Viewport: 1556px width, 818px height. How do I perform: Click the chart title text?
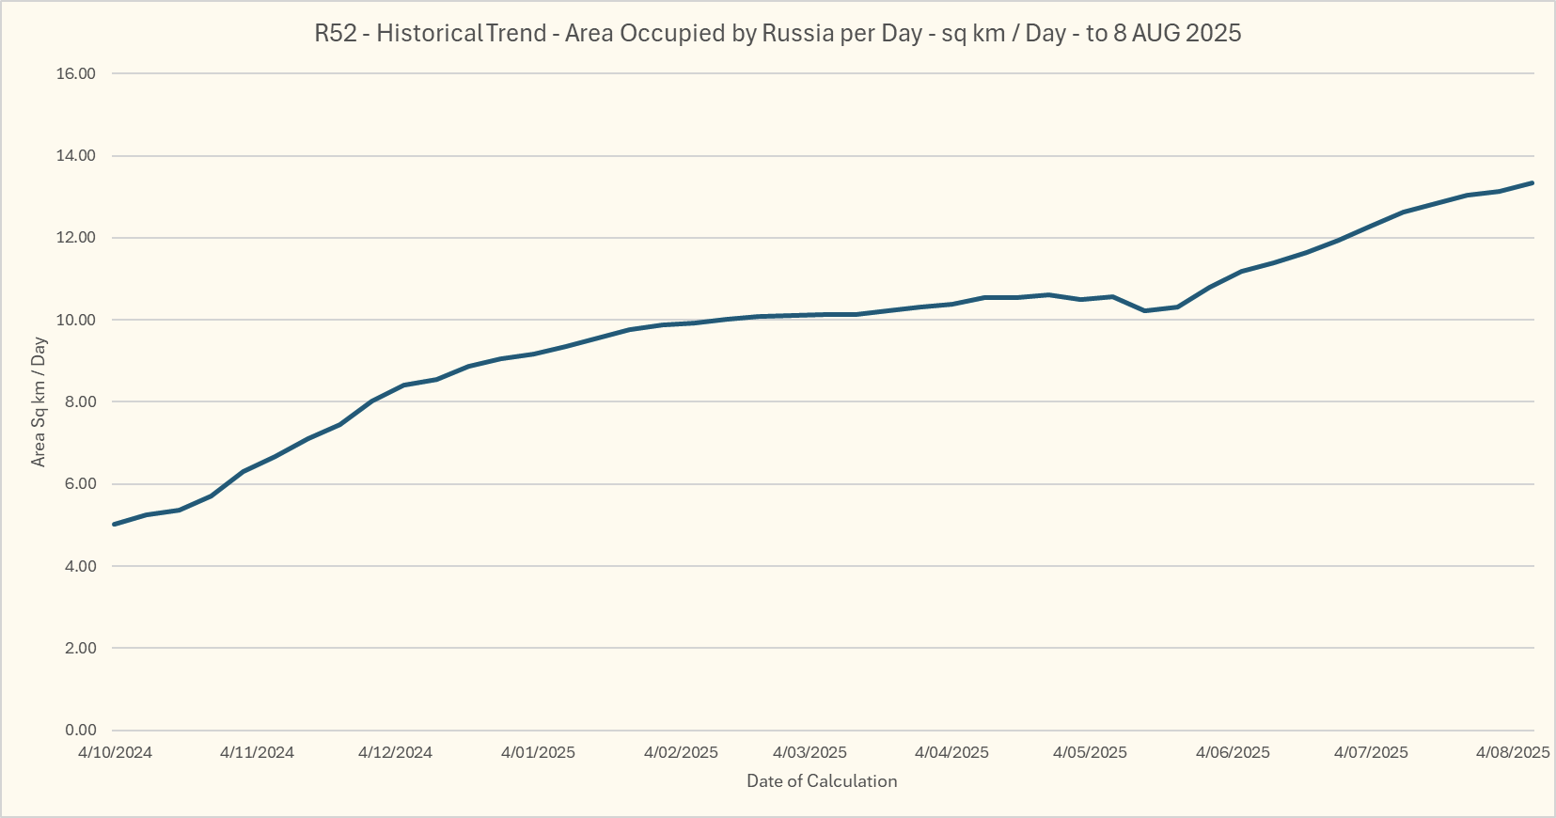778,34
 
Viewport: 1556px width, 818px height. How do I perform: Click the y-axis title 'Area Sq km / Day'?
39,401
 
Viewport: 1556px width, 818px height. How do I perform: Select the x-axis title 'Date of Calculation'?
822,781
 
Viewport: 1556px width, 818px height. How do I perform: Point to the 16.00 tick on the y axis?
76,74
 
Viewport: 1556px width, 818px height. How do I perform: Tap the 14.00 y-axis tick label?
76,156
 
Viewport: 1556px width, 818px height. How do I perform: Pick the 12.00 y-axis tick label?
76,238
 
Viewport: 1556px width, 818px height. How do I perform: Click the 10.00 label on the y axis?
76,321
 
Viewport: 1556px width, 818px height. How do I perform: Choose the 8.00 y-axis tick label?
80,402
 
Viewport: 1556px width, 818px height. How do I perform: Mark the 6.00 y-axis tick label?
80,484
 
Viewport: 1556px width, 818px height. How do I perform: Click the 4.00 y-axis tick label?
80,566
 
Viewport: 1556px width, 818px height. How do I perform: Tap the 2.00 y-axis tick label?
80,649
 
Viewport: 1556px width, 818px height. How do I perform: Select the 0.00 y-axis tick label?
80,731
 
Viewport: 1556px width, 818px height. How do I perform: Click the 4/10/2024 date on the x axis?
115,753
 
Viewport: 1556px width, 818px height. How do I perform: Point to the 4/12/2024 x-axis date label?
395,753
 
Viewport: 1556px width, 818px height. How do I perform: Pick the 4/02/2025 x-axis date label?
681,753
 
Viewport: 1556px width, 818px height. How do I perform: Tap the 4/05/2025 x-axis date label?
1090,753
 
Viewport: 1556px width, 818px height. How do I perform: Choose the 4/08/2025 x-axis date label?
1513,753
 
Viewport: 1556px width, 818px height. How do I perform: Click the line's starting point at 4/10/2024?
114,524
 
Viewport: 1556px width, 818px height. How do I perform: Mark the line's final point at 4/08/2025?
1532,182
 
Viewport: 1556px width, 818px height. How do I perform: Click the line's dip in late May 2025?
1144,310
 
